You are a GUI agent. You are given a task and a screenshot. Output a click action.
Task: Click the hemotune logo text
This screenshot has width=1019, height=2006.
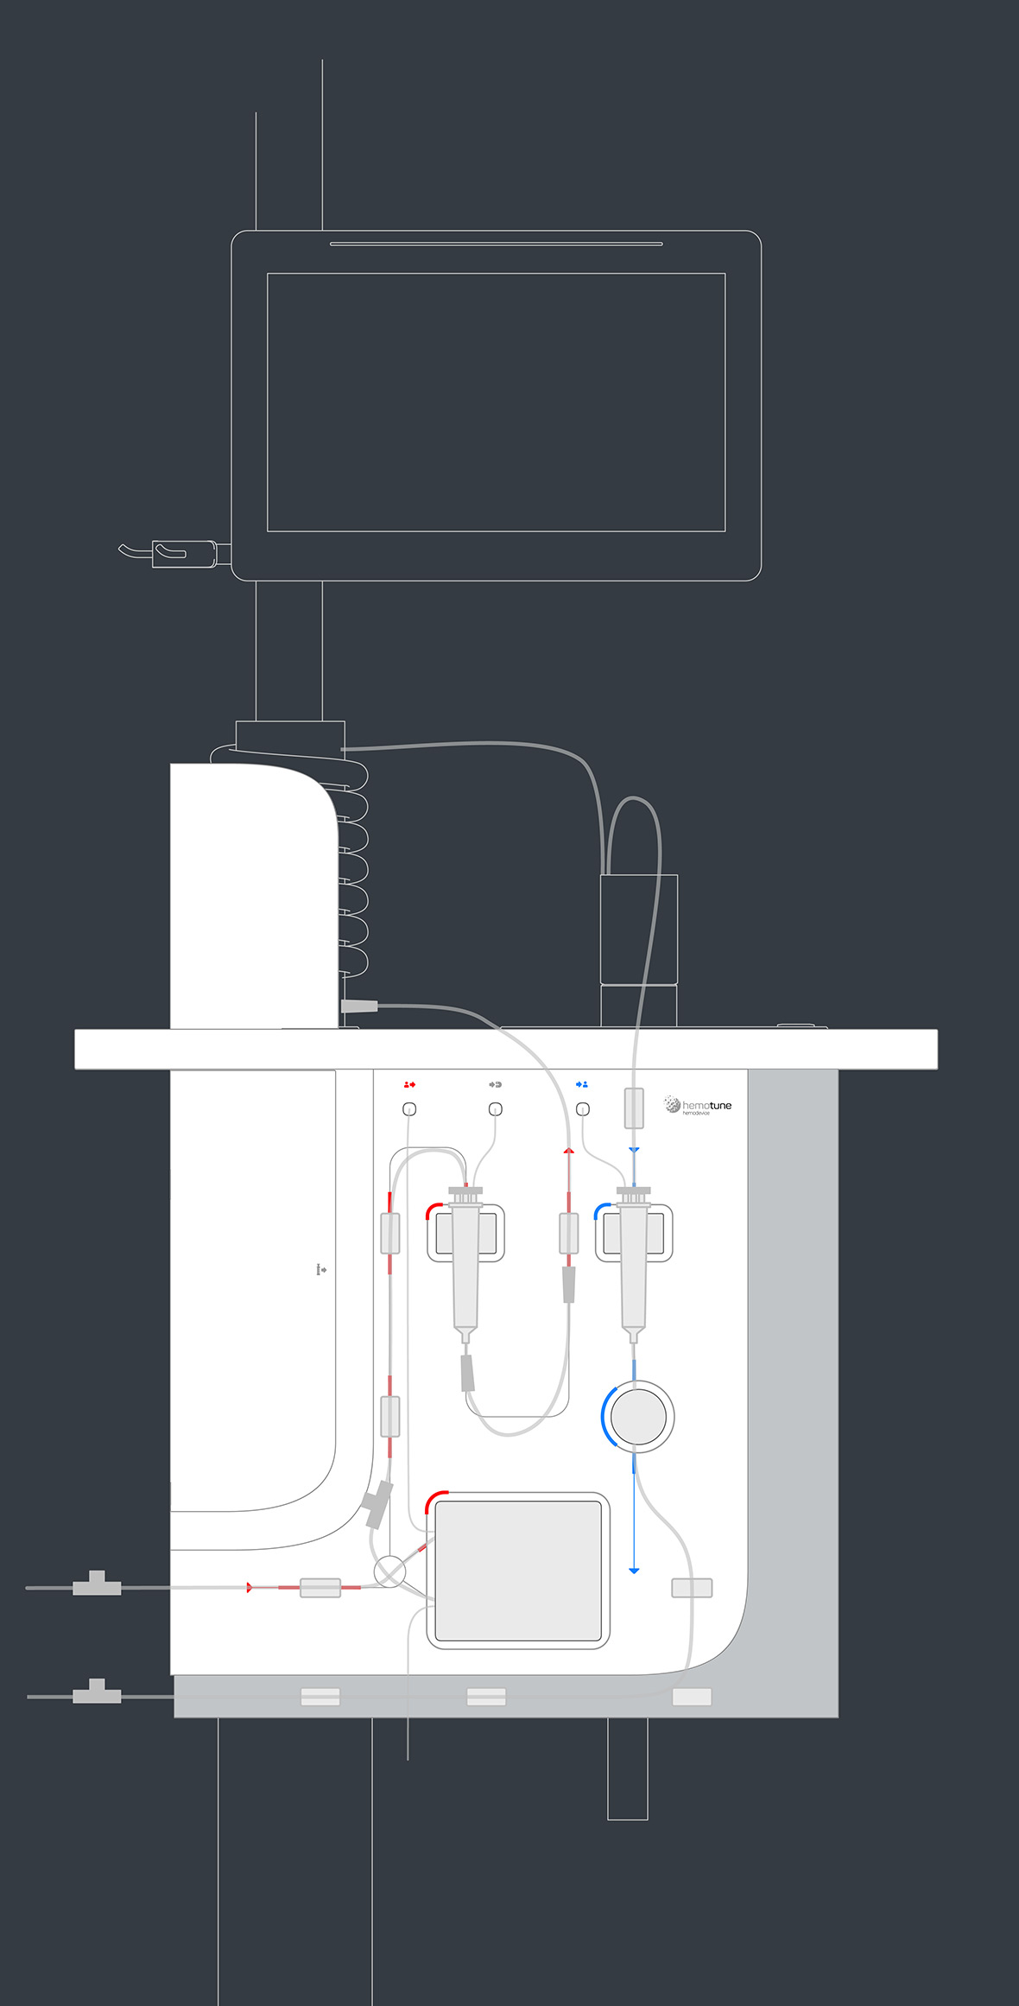pos(706,1105)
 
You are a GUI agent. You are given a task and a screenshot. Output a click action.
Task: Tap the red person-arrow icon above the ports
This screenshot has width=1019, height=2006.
pos(409,1084)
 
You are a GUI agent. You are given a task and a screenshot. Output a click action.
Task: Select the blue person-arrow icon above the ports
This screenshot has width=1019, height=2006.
pos(582,1084)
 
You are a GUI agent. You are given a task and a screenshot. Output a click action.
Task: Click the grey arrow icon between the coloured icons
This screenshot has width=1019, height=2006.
pos(495,1084)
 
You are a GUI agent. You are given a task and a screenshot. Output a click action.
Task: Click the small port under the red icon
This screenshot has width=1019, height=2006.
pos(410,1109)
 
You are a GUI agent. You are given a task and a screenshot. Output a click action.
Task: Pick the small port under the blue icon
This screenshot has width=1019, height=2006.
pos(583,1109)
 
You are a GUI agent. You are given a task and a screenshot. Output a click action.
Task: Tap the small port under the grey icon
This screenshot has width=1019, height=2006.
pos(496,1109)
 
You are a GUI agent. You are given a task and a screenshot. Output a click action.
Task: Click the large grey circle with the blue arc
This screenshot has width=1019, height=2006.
pos(638,1417)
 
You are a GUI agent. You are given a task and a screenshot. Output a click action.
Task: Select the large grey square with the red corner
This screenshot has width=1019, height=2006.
pos(518,1571)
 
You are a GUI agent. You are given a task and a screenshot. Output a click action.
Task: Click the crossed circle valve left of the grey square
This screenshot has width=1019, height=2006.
pos(389,1571)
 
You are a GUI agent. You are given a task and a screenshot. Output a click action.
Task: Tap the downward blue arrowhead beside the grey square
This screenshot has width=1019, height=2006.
pos(634,1570)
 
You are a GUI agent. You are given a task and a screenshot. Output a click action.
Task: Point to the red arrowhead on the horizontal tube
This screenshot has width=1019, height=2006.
pos(250,1587)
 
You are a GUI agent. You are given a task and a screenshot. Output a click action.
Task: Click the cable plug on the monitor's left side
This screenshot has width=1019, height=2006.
pos(184,553)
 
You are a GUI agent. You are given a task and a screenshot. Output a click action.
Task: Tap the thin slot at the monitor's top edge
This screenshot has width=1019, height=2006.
pos(496,244)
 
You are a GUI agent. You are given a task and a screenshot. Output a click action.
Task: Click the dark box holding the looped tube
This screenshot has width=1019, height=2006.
pos(639,929)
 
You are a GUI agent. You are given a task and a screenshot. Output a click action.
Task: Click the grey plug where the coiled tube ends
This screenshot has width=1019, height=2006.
pos(359,1006)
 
